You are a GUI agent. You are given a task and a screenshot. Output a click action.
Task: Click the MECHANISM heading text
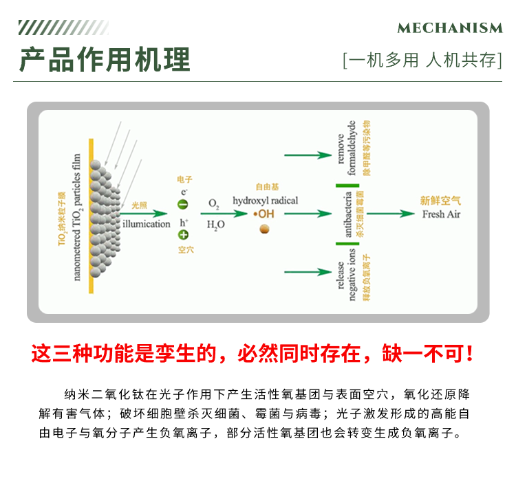click(x=450, y=28)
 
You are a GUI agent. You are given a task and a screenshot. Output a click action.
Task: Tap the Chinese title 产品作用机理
click(x=105, y=60)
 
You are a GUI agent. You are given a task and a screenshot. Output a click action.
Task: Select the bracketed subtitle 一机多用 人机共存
click(x=422, y=60)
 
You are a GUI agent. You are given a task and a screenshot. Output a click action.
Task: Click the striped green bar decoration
click(x=63, y=27)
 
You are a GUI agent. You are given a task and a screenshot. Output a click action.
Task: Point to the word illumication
click(x=146, y=224)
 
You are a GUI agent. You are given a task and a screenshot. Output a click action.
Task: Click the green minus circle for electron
click(x=183, y=204)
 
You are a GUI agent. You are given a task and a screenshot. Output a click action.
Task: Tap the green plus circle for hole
click(x=183, y=235)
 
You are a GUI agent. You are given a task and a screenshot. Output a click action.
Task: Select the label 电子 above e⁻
click(x=185, y=179)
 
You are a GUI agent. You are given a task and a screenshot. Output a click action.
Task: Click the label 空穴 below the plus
click(x=185, y=250)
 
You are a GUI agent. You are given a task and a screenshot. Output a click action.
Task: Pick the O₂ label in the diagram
click(x=214, y=204)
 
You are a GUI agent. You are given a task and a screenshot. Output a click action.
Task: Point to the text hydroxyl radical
click(x=265, y=200)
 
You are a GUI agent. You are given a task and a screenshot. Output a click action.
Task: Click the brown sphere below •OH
click(x=264, y=228)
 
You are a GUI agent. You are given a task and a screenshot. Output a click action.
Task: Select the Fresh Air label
click(x=441, y=214)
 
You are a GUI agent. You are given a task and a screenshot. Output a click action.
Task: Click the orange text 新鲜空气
click(x=440, y=201)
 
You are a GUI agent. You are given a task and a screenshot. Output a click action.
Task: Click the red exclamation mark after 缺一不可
click(x=470, y=354)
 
